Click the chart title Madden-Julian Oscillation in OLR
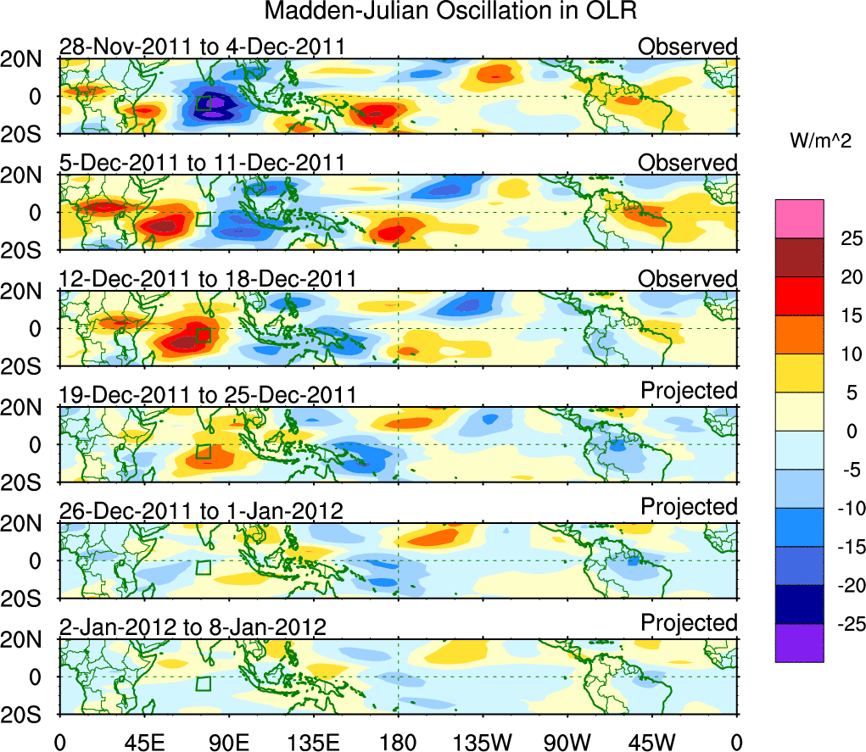[450, 11]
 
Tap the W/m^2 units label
[820, 142]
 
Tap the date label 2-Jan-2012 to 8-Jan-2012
[193, 627]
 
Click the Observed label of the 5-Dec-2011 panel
[688, 162]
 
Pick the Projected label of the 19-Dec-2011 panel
[689, 390]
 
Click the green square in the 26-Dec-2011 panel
[203, 567]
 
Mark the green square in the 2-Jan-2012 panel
[203, 683]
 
